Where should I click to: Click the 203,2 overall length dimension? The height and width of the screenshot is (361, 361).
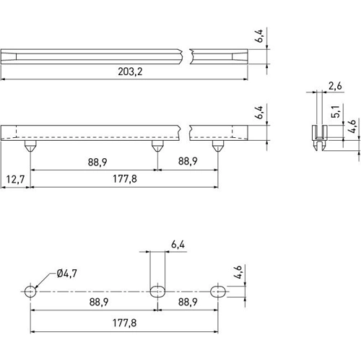(x=127, y=71)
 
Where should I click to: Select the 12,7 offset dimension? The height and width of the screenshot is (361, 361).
(x=14, y=178)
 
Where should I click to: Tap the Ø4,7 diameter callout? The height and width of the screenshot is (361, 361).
(x=66, y=274)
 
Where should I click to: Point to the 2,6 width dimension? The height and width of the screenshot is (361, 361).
(x=335, y=87)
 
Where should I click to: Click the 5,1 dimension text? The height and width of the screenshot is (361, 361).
(x=336, y=111)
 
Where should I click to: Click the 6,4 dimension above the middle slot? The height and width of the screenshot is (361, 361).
(x=178, y=245)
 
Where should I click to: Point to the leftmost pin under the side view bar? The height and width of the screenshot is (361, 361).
(x=29, y=145)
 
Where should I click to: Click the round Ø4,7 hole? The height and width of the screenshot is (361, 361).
(x=30, y=291)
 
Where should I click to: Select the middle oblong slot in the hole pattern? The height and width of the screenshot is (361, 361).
(x=157, y=291)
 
